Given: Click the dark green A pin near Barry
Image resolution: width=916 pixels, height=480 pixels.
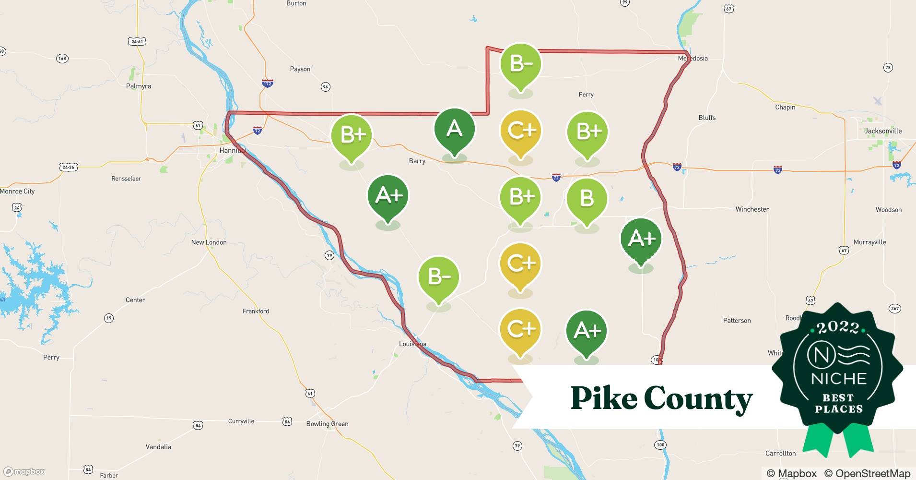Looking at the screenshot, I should click(x=454, y=131).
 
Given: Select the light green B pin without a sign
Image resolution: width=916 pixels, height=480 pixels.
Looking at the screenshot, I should click(x=587, y=199).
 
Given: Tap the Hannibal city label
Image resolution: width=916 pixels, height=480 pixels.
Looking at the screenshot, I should click(x=233, y=150).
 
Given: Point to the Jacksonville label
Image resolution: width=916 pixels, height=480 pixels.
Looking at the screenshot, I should click(x=883, y=131).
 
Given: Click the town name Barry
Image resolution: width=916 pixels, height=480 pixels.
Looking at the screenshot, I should click(x=417, y=161).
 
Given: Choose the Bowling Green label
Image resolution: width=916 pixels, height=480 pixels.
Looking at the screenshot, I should click(x=327, y=424).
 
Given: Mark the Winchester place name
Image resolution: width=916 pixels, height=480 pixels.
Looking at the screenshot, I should click(x=752, y=209).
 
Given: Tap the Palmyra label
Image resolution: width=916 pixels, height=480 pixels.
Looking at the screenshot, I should click(x=139, y=86).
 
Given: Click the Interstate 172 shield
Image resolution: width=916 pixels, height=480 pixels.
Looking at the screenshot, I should click(x=267, y=84).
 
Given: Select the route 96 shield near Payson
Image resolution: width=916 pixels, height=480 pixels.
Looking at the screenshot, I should click(x=326, y=87).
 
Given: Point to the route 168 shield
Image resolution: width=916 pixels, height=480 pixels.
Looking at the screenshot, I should click(x=62, y=59).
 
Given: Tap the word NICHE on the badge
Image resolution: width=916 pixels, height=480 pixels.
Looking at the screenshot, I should click(x=839, y=379).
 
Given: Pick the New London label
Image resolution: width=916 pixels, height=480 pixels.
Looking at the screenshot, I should click(x=209, y=242).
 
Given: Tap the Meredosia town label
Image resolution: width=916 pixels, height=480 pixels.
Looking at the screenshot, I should click(x=693, y=59).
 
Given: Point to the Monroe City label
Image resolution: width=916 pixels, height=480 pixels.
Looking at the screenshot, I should click(x=17, y=191).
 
